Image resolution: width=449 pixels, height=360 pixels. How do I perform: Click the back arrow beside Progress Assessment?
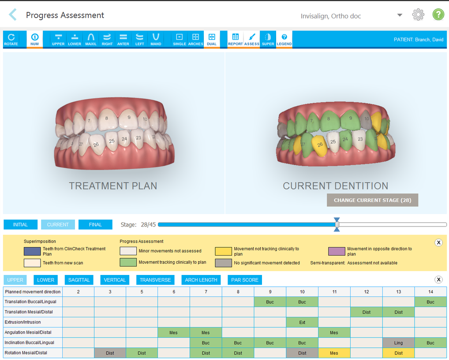pyautogui.click(x=13, y=15)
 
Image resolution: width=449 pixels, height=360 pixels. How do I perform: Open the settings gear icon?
pyautogui.click(x=418, y=15)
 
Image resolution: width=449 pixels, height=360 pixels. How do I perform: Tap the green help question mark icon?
pyautogui.click(x=438, y=15)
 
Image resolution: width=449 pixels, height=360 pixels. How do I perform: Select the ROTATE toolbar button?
pyautogui.click(x=11, y=39)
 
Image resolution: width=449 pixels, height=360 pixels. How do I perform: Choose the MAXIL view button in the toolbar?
pyautogui.click(x=91, y=39)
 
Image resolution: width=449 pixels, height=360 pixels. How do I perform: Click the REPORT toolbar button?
pyautogui.click(x=236, y=39)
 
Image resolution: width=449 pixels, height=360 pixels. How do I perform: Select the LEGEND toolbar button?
pyautogui.click(x=284, y=39)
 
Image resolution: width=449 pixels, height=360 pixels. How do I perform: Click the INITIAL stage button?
pyautogui.click(x=20, y=225)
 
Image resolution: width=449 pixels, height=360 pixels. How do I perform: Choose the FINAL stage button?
pyautogui.click(x=95, y=225)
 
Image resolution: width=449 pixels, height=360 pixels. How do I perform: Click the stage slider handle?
pyautogui.click(x=337, y=224)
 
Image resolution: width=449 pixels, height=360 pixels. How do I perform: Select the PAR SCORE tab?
pyautogui.click(x=245, y=280)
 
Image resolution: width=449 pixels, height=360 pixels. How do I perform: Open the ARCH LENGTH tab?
pyautogui.click(x=201, y=280)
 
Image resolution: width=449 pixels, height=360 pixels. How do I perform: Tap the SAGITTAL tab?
pyautogui.click(x=79, y=280)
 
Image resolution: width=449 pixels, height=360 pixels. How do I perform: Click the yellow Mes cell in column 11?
pyautogui.click(x=334, y=353)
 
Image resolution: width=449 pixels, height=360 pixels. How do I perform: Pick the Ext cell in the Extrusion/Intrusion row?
pyautogui.click(x=302, y=322)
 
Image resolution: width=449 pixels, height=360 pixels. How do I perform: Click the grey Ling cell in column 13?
pyautogui.click(x=398, y=343)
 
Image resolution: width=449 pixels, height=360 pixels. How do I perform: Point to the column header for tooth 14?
pyautogui.click(x=430, y=292)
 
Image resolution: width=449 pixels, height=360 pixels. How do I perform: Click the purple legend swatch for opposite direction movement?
pyautogui.click(x=337, y=251)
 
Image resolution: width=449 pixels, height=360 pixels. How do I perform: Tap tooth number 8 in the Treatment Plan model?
pyautogui.click(x=106, y=118)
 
